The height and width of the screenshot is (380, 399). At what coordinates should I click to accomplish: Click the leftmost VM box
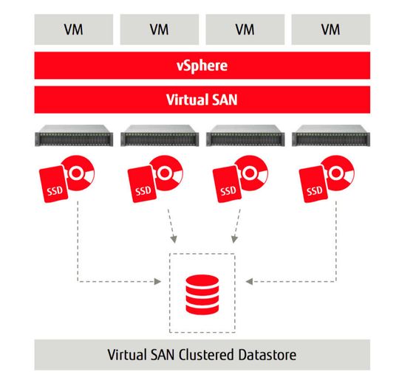(x=72, y=30)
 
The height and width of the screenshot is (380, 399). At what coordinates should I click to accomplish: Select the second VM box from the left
(x=157, y=30)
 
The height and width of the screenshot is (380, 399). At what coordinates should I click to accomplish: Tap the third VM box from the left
(x=243, y=30)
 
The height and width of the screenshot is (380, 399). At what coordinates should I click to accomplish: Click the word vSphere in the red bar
(x=200, y=66)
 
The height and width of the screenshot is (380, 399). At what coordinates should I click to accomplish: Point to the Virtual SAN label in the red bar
(x=200, y=99)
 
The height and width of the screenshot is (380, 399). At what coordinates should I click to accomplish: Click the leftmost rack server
(x=72, y=137)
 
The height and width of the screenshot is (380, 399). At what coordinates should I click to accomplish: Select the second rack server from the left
(x=157, y=137)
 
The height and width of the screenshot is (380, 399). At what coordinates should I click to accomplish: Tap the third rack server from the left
(x=243, y=137)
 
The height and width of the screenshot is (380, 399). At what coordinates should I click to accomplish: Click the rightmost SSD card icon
(x=313, y=185)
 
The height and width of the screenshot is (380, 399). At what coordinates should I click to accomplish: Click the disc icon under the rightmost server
(x=338, y=175)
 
